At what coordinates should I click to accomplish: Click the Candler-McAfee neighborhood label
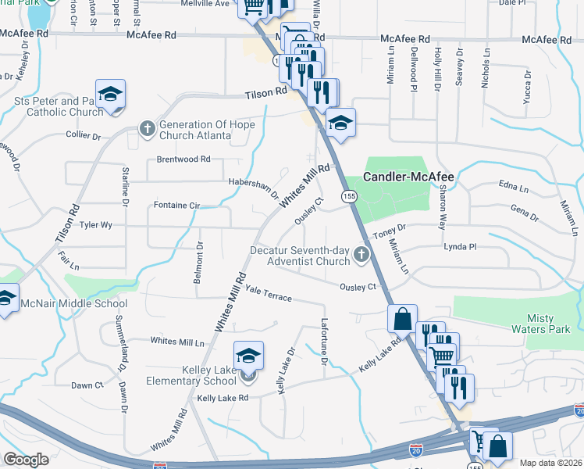click(x=408, y=177)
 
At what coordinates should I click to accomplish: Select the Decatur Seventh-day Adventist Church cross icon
click(x=361, y=254)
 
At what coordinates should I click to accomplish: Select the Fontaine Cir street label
click(x=176, y=206)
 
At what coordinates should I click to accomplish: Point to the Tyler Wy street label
click(x=97, y=224)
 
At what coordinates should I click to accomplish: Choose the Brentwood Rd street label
click(x=183, y=159)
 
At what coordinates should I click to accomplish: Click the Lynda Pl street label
click(x=459, y=246)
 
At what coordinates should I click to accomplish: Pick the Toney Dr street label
click(x=390, y=227)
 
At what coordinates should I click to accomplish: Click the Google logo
click(x=26, y=460)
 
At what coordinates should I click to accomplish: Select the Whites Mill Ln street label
click(x=177, y=342)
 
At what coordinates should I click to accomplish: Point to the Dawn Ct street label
click(x=87, y=385)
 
